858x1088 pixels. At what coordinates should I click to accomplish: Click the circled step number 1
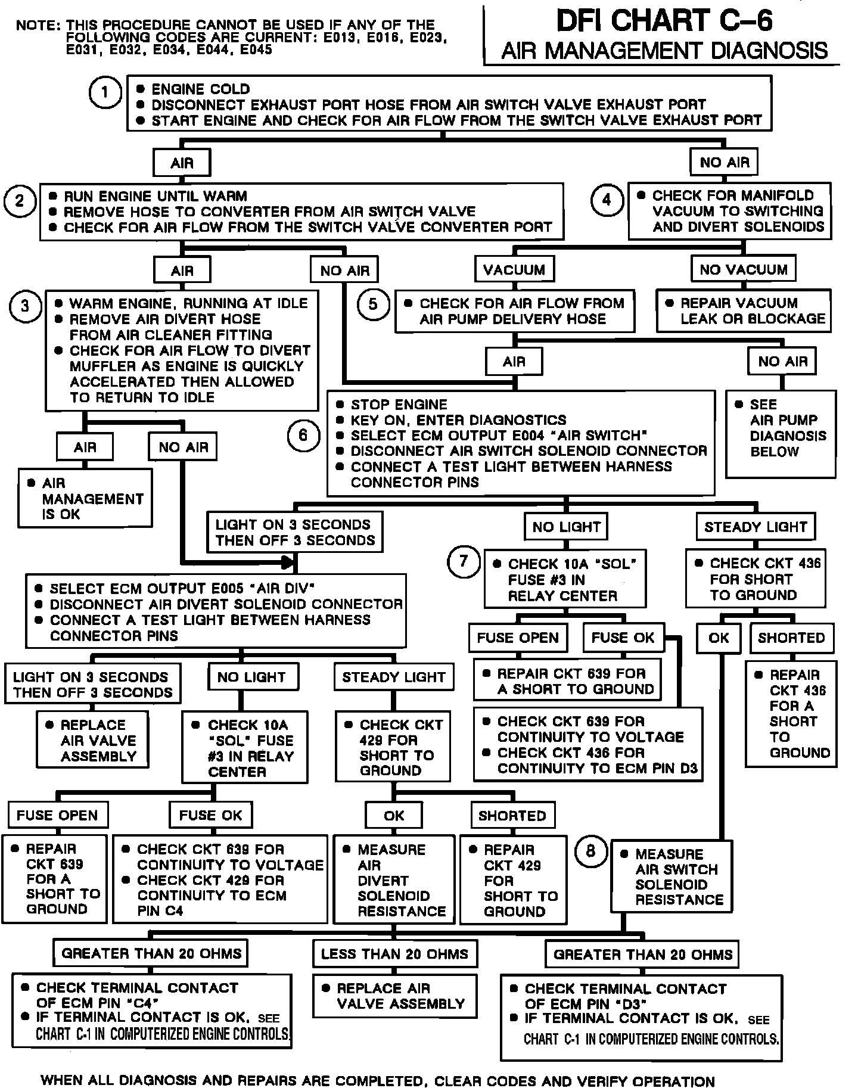[105, 92]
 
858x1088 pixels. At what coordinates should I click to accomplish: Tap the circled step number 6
[303, 435]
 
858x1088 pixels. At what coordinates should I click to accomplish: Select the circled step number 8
[590, 851]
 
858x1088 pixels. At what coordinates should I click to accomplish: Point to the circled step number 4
[607, 200]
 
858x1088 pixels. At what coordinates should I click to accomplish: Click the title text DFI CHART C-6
[664, 21]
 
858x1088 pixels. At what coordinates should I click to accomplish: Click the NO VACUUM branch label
[743, 269]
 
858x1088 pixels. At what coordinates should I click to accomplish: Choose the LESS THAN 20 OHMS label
[394, 954]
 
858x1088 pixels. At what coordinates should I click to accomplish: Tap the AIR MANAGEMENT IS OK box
[85, 498]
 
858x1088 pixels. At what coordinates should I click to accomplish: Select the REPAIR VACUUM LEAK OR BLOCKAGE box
[744, 310]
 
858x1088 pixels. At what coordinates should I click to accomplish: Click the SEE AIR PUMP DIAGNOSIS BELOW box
[781, 433]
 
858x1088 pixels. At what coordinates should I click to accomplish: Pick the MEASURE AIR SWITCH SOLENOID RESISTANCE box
[671, 876]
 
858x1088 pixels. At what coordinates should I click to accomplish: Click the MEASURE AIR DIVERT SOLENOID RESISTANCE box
[394, 879]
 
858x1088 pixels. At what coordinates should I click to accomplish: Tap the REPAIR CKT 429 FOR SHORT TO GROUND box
[513, 879]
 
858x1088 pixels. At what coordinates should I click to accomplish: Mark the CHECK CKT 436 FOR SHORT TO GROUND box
[756, 579]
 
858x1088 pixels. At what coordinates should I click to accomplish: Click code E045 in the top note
[256, 50]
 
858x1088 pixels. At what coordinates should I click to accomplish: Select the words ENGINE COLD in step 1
[201, 89]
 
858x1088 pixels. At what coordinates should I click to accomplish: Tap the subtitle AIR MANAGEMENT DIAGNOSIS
[664, 51]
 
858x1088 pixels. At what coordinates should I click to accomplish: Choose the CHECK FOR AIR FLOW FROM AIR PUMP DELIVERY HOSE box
[514, 310]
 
